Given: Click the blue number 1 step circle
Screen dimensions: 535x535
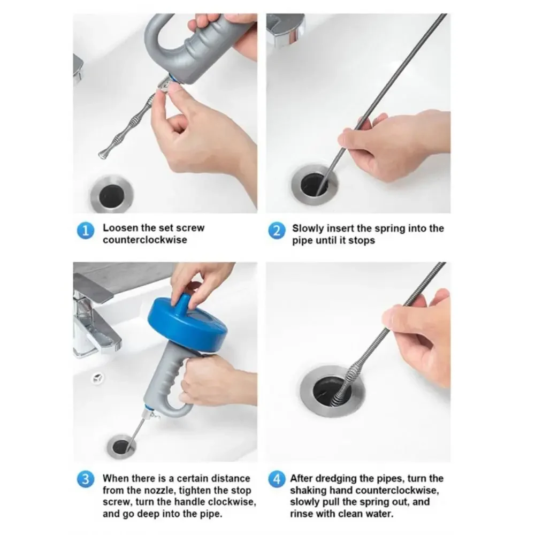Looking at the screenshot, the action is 85,231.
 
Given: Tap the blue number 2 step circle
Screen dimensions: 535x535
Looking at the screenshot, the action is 277,231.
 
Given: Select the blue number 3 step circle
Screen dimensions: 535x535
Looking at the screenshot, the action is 85,479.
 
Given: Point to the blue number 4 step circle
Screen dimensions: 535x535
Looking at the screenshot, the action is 277,479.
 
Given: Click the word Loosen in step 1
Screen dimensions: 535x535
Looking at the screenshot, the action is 121,227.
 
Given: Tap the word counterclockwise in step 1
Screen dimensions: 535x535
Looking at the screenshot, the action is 145,240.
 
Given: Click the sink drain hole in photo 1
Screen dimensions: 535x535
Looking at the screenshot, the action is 112,195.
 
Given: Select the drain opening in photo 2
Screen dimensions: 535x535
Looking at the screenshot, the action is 314,185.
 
